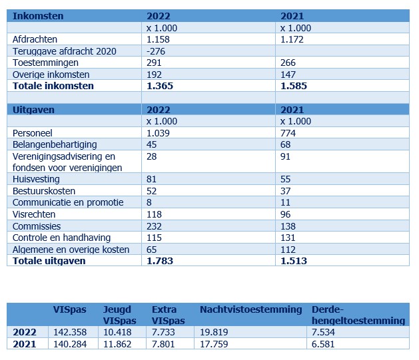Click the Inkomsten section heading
(38, 16)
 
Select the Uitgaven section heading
(33, 110)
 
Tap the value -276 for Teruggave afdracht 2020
(156, 51)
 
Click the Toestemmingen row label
(45, 63)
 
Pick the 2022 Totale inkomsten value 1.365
(160, 86)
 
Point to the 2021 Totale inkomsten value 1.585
(294, 86)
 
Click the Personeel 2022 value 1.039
(158, 133)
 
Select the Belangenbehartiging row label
(55, 144)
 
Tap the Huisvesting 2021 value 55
(285, 179)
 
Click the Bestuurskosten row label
(44, 191)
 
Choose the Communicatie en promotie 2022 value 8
(149, 202)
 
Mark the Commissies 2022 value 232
(154, 226)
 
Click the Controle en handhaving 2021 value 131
(288, 238)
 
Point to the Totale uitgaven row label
(49, 261)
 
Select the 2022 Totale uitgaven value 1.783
(160, 261)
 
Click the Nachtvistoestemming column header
(251, 309)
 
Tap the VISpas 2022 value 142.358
(70, 332)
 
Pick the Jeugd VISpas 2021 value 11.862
(117, 344)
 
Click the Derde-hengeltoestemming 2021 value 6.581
(323, 344)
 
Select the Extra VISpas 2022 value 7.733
(163, 332)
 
